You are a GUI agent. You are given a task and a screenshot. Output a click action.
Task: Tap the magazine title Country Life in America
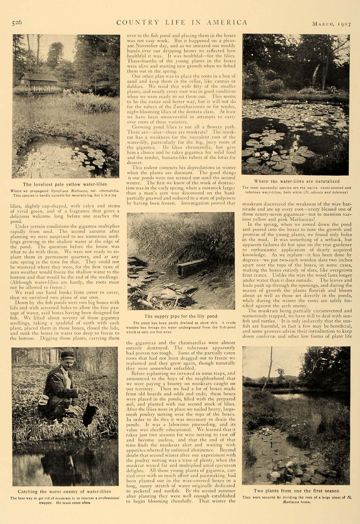181,23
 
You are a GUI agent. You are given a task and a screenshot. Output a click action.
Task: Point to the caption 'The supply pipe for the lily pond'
181,316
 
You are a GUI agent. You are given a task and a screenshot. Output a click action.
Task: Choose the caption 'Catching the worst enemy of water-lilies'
64,491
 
